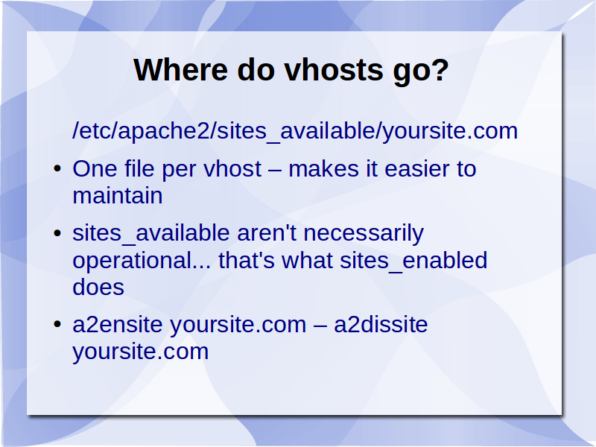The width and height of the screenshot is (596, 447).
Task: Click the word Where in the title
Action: (180, 70)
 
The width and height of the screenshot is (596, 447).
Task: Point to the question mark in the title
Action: (440, 70)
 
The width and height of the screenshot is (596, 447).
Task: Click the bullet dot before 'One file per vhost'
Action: (57, 168)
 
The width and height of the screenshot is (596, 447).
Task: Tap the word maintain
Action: (118, 195)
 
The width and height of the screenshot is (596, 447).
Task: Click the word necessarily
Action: (364, 234)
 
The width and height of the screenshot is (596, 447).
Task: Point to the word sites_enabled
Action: (413, 261)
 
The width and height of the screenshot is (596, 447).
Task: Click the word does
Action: (98, 287)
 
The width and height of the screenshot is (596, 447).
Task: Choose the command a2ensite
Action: (118, 324)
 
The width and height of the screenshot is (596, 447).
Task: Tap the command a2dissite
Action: (381, 324)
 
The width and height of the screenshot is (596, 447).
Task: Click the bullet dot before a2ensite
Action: (57, 324)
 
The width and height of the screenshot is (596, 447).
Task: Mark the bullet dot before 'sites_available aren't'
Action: (57, 232)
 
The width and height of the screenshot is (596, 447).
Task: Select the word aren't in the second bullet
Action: (267, 232)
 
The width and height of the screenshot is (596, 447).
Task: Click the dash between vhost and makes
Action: (275, 170)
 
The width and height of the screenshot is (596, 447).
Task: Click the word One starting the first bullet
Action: (95, 168)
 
